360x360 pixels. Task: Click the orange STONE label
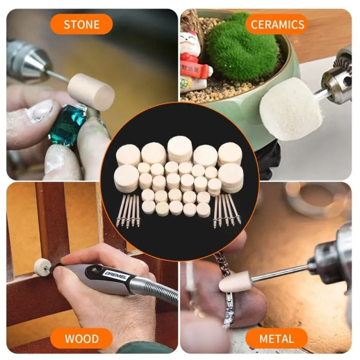click(81, 24)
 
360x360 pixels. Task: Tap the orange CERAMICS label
click(277, 24)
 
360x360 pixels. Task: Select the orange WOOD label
click(81, 338)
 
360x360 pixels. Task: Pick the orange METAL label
click(276, 338)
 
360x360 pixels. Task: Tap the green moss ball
click(242, 46)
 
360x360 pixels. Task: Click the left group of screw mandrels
click(129, 211)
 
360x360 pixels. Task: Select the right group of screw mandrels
click(227, 211)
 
